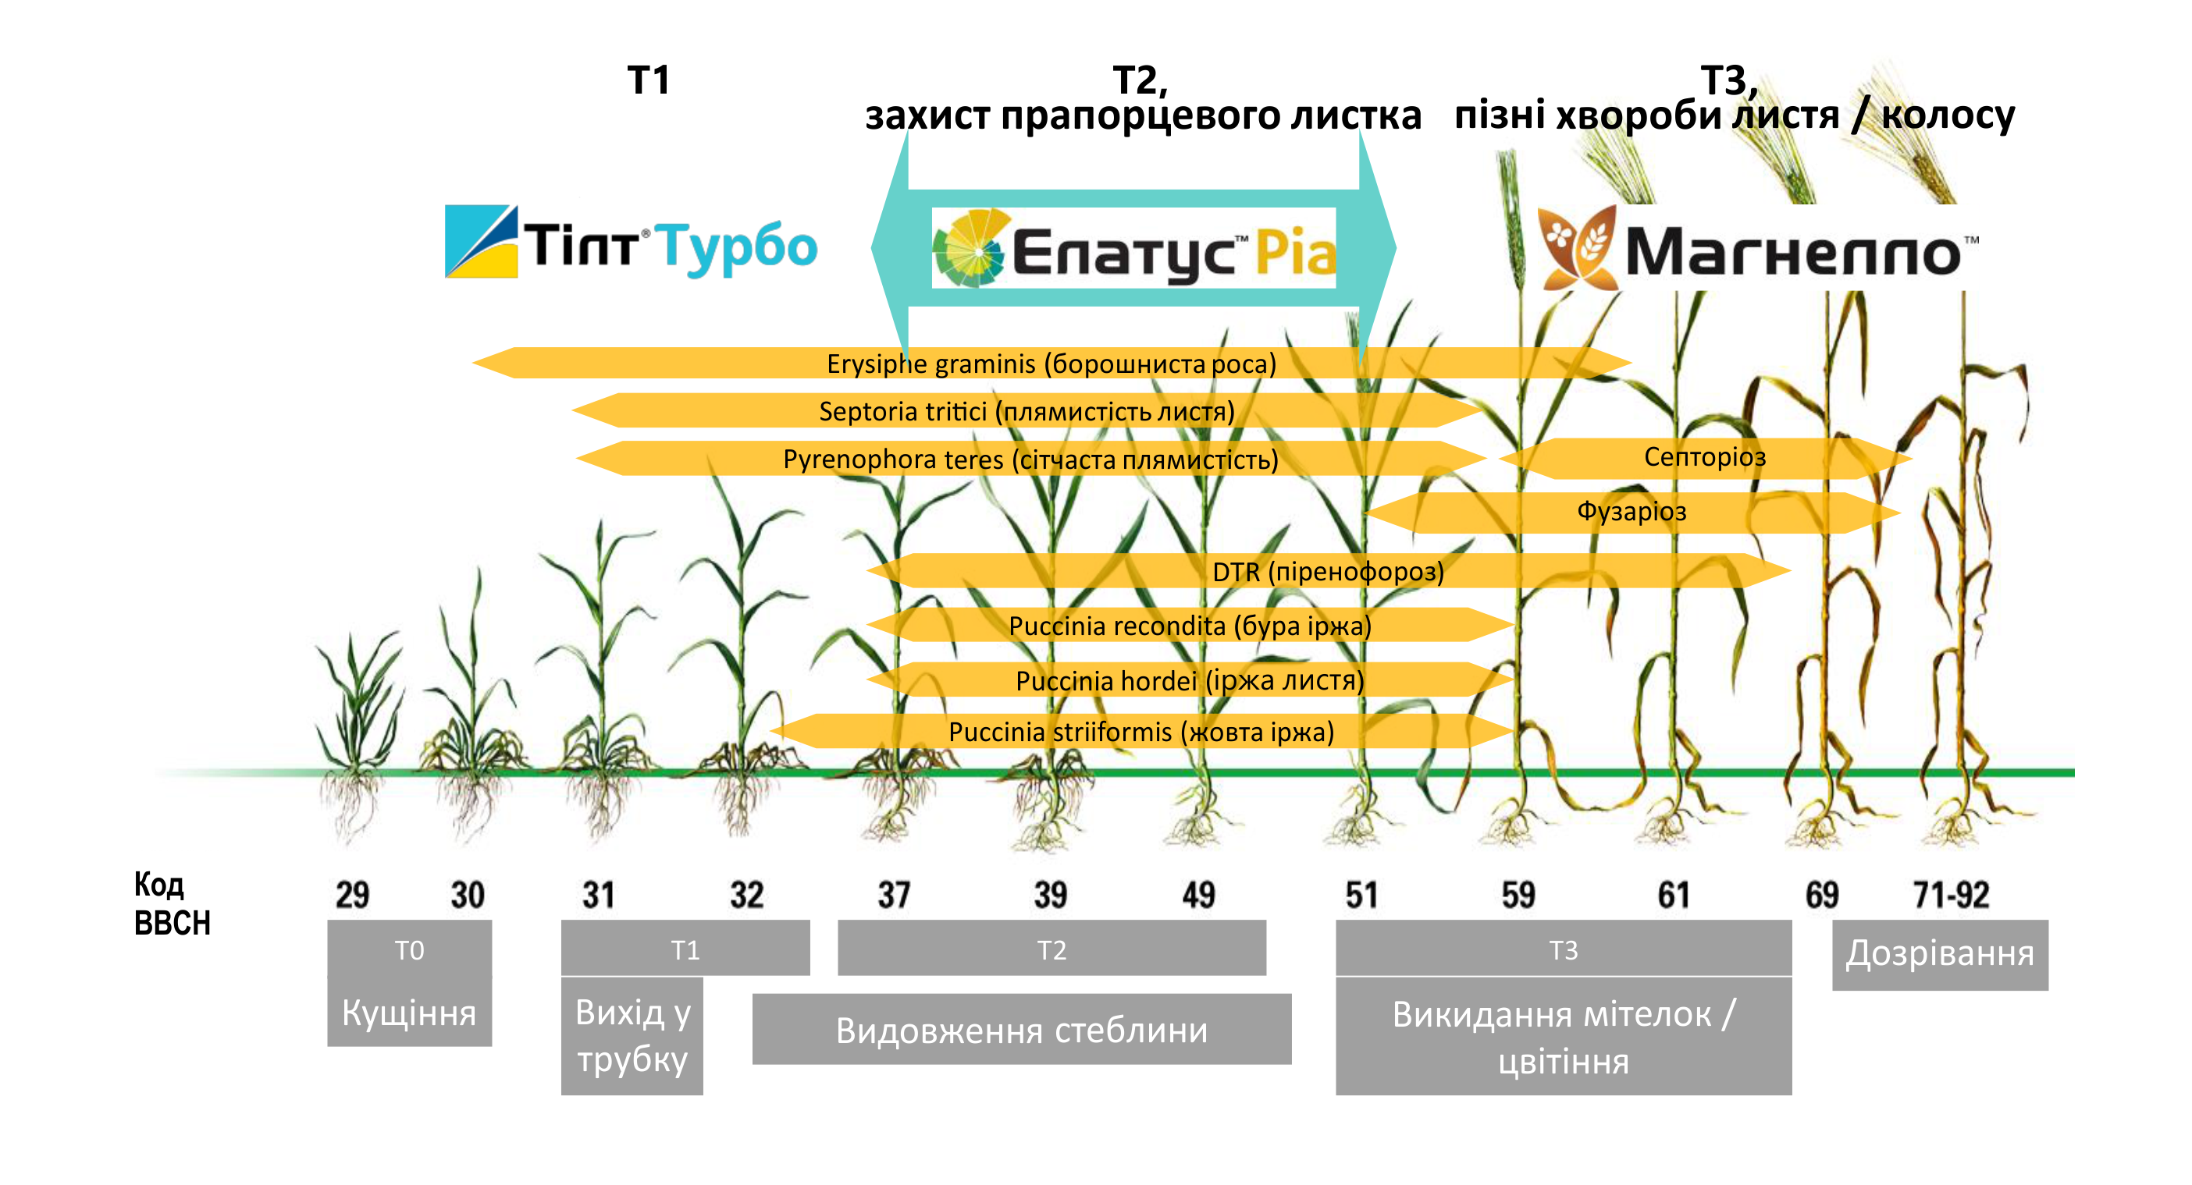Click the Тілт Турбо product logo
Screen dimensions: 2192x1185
(x=631, y=243)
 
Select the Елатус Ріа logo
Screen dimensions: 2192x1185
(x=1133, y=247)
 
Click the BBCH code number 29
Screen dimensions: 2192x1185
(x=352, y=895)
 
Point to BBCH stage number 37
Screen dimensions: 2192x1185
(x=894, y=895)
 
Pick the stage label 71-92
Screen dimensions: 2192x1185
(x=1950, y=895)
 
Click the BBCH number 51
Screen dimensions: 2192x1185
(x=1361, y=895)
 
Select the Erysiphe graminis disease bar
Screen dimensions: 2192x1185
(x=1052, y=364)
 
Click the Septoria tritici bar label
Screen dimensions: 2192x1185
(x=1027, y=412)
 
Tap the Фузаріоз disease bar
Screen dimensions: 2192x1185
(x=1632, y=512)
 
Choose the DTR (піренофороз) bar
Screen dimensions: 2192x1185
(x=1329, y=571)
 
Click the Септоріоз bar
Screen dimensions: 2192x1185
(x=1705, y=458)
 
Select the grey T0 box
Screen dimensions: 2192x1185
(x=409, y=949)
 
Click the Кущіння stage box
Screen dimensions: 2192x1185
(x=409, y=1013)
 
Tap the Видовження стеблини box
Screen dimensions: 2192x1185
(x=1021, y=1029)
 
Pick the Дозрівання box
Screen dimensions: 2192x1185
(x=1940, y=954)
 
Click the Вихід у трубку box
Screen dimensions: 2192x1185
(x=632, y=1035)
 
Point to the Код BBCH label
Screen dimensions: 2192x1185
(x=171, y=903)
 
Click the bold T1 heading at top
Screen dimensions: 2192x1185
(x=649, y=80)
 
